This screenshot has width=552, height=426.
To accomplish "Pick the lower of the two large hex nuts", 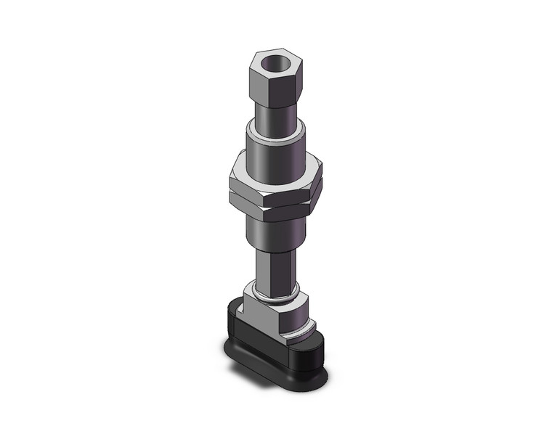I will pyautogui.click(x=276, y=204).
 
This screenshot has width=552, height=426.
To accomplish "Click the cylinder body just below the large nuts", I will pyautogui.click(x=279, y=231).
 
